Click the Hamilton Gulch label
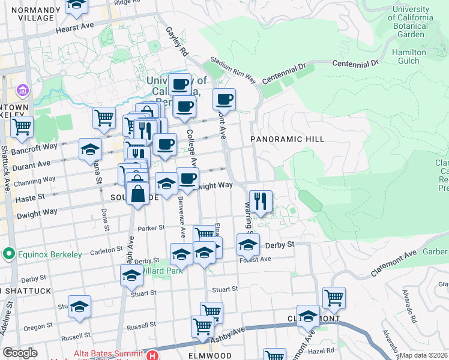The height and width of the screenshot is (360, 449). click(409, 57)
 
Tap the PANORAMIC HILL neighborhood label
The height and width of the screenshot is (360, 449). click(288, 139)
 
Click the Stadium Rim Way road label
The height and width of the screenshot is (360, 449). click(232, 72)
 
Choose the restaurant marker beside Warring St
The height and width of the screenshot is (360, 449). click(261, 201)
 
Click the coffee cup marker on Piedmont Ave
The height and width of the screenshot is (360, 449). click(224, 99)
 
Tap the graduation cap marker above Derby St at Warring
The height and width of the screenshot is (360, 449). click(248, 244)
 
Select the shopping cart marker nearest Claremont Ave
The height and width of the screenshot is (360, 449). click(334, 297)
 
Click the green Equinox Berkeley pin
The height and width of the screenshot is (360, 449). click(8, 254)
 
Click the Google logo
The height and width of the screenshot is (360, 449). click(20, 353)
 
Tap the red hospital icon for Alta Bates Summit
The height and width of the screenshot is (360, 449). click(153, 356)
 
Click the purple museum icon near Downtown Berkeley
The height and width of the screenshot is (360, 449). click(23, 91)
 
